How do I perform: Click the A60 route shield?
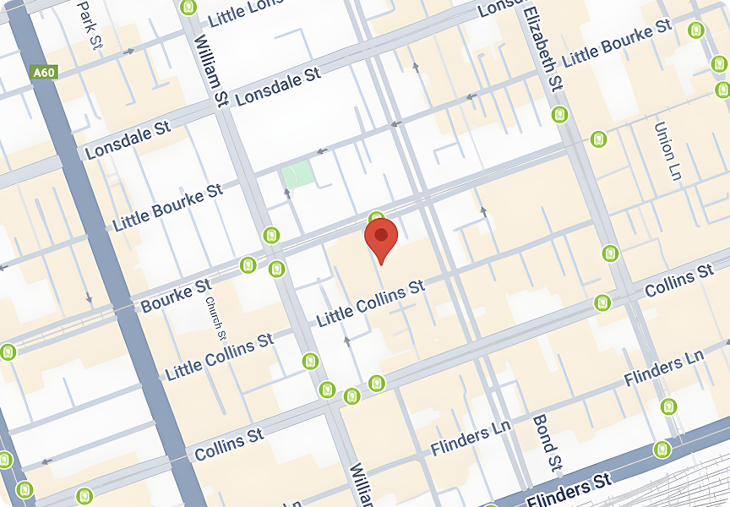pyautogui.click(x=44, y=73)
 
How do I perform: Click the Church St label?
pyautogui.click(x=212, y=313)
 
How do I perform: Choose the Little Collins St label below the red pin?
pyautogui.click(x=371, y=303)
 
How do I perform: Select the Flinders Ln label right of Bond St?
pyautogui.click(x=664, y=369)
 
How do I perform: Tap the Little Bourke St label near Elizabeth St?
pyautogui.click(x=618, y=45)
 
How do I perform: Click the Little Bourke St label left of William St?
pyautogui.click(x=168, y=206)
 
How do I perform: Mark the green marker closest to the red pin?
pyautogui.click(x=377, y=218)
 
